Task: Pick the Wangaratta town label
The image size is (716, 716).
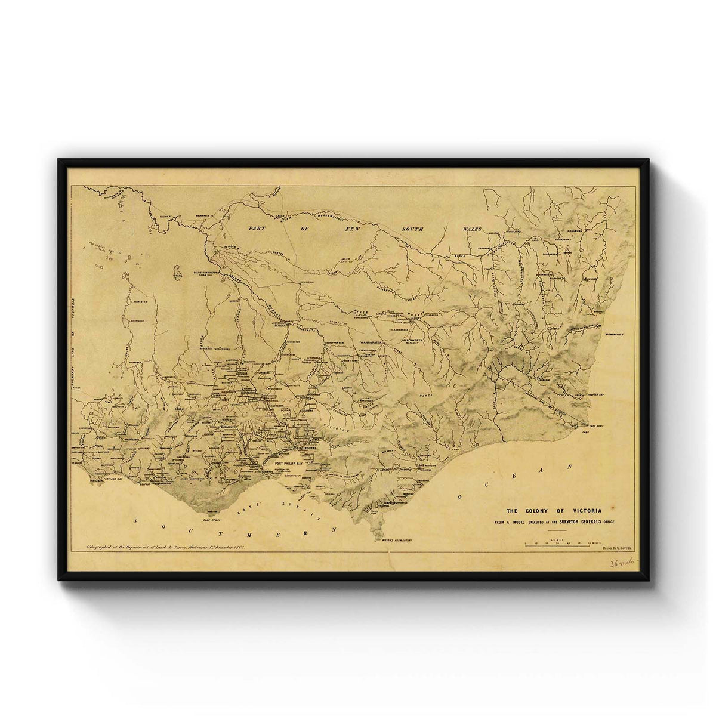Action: [x=374, y=342]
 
